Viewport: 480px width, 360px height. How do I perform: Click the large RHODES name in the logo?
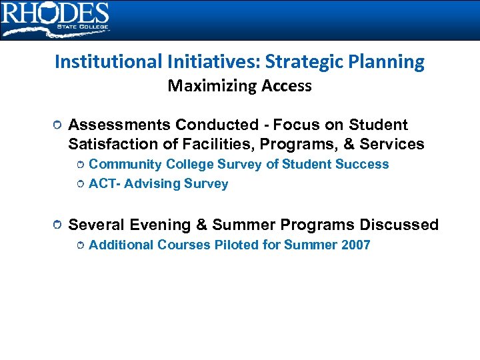click(x=55, y=13)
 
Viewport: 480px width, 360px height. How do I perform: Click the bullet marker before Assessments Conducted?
click(x=59, y=126)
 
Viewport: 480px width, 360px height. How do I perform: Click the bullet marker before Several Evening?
click(x=59, y=226)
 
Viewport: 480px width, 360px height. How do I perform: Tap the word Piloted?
click(x=237, y=245)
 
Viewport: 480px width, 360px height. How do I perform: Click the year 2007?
click(x=355, y=245)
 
